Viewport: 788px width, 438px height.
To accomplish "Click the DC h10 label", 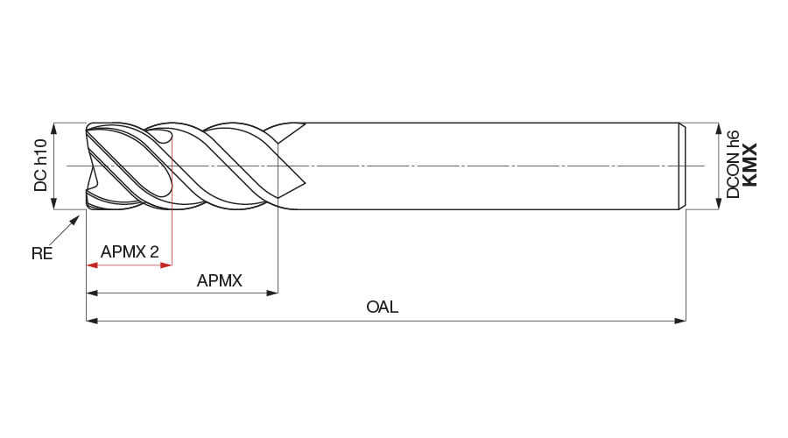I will [40, 166].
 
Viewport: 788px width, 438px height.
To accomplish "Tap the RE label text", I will [42, 254].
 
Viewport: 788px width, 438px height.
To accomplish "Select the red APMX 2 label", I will [130, 252].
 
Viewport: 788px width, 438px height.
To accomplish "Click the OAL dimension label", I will [382, 307].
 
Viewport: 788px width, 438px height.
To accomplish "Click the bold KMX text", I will [749, 165].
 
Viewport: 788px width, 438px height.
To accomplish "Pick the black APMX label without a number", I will [219, 281].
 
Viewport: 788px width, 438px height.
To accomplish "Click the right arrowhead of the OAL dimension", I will [680, 321].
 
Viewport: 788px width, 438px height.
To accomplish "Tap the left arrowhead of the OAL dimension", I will [91, 321].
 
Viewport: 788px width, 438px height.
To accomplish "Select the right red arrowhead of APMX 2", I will [167, 265].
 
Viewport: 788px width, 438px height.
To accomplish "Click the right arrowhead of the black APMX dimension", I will [272, 293].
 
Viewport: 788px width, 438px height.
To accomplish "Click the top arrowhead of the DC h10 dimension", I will [54, 128].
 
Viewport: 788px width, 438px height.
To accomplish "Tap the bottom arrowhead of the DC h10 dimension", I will [54, 203].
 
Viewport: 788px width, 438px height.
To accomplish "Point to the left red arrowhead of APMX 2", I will [91, 265].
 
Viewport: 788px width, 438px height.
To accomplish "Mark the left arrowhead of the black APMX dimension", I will [91, 293].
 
